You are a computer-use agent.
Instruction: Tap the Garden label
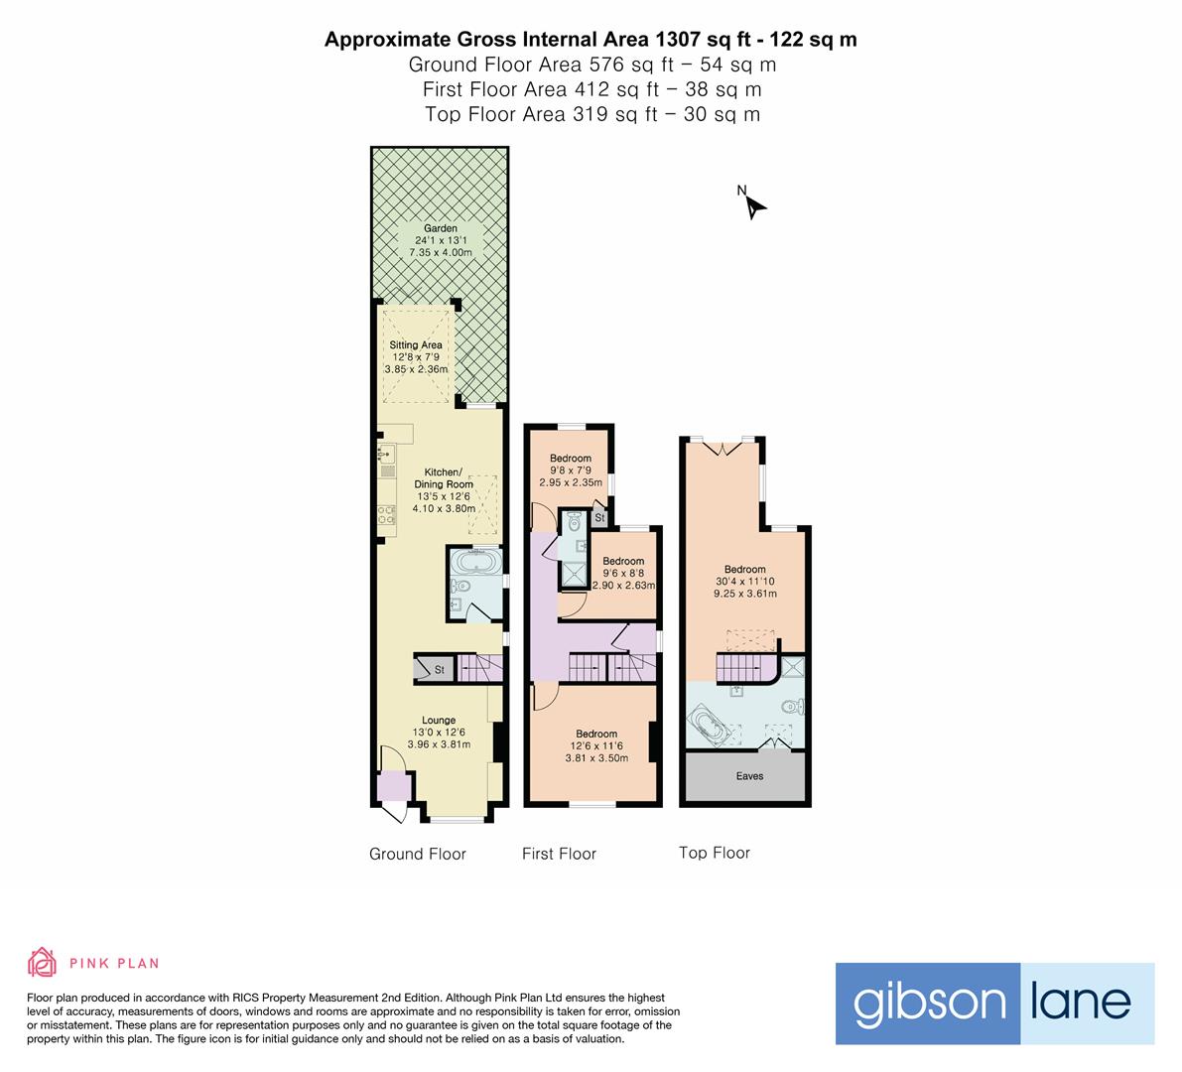[441, 240]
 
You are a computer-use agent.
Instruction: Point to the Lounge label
[439, 733]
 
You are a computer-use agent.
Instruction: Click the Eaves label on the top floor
[749, 776]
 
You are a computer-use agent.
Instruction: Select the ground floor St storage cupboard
[434, 670]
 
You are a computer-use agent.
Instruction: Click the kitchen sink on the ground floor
[385, 455]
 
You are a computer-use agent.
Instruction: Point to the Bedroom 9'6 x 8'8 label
[623, 574]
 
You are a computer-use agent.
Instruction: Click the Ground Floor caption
[417, 854]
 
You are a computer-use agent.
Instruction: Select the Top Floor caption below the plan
[714, 853]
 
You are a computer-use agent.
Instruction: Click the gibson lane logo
[994, 1004]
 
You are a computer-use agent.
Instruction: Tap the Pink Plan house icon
[43, 962]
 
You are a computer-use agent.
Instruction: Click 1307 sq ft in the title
[698, 40]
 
